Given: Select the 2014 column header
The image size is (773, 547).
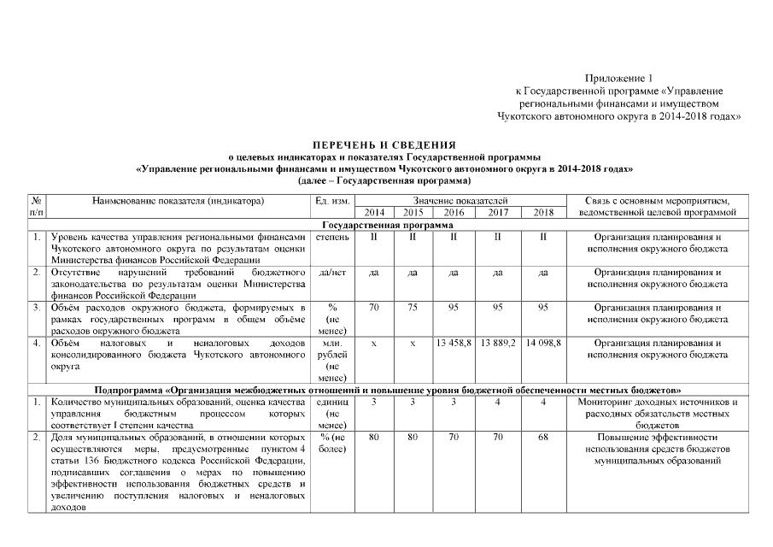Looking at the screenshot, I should coord(374,212).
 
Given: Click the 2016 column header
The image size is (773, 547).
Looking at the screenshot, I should coord(454,212).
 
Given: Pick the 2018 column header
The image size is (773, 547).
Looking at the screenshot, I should coord(543,212).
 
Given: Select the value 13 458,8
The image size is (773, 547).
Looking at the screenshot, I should coord(454,343).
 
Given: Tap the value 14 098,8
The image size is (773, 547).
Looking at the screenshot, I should coord(543,343).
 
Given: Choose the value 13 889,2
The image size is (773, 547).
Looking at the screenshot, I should coord(498,343).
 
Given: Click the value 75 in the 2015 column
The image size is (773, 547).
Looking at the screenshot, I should coord(413,307).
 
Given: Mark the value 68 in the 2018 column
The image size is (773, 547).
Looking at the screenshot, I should coord(543,438).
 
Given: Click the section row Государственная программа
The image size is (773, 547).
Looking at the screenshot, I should coord(388,224).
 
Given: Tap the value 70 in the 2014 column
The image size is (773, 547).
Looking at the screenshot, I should coord(374,307).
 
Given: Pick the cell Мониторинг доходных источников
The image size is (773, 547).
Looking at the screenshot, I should coord(658,402).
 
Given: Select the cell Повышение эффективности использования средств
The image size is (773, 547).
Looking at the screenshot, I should coord(658,449).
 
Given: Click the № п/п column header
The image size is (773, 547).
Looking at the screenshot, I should coord(37,205).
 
